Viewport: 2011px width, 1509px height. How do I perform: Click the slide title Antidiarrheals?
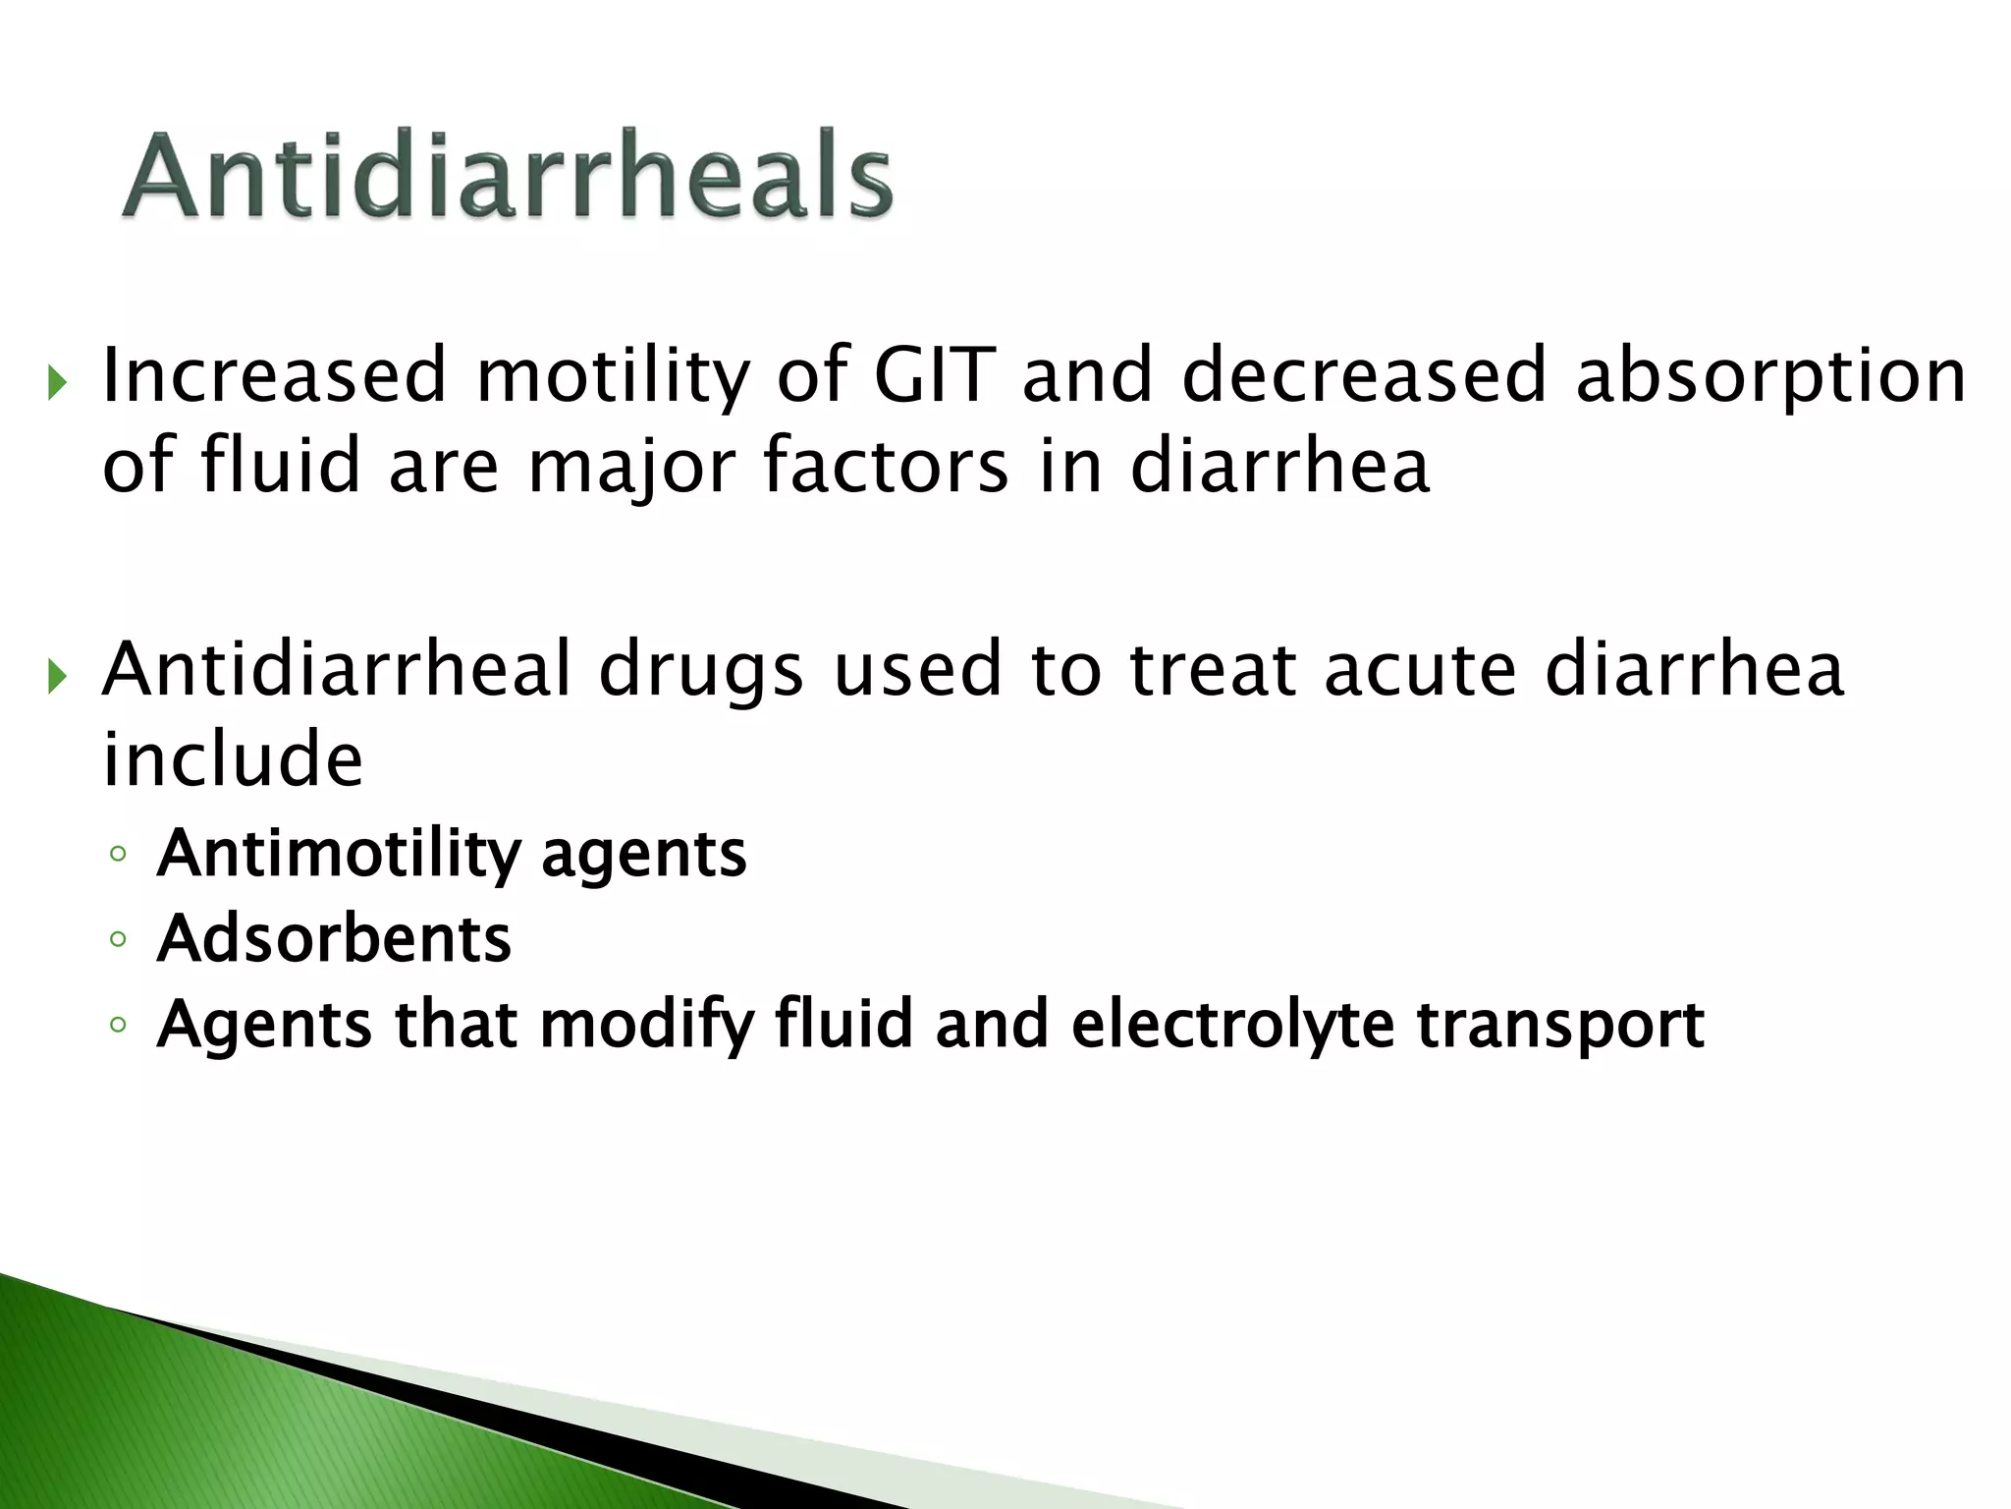pyautogui.click(x=507, y=177)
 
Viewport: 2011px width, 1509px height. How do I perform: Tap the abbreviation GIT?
pyautogui.click(x=934, y=375)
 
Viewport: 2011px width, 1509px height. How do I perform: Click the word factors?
pyautogui.click(x=886, y=466)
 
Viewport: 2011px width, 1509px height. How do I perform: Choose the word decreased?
pyautogui.click(x=1363, y=375)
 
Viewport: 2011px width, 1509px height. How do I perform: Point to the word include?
pyautogui.click(x=234, y=758)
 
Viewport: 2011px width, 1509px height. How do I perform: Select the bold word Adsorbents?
pyautogui.click(x=334, y=939)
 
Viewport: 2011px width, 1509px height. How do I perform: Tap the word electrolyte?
pyautogui.click(x=1232, y=1026)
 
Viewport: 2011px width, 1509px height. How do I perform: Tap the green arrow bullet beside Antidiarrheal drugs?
pyautogui.click(x=57, y=677)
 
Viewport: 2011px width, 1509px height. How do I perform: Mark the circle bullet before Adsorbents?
pyautogui.click(x=119, y=940)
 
